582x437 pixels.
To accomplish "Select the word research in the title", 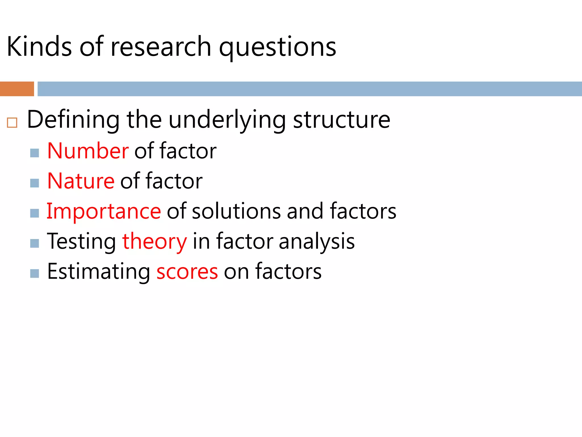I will (161, 47).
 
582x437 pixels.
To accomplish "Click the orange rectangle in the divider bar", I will (17, 89).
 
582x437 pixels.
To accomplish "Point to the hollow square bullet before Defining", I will (12, 123).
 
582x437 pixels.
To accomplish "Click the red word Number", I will (88, 151).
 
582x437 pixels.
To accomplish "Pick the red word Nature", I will (81, 181).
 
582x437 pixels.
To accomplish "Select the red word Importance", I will (103, 211).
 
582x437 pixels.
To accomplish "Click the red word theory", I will (154, 242).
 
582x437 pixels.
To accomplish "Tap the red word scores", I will (187, 272).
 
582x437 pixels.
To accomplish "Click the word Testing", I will (81, 242).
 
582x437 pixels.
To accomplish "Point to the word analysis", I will (317, 242).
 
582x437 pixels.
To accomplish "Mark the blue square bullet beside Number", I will (34, 153).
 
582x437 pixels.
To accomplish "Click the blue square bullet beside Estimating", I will (34, 273).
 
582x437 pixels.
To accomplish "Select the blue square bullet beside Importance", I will (34, 213).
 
